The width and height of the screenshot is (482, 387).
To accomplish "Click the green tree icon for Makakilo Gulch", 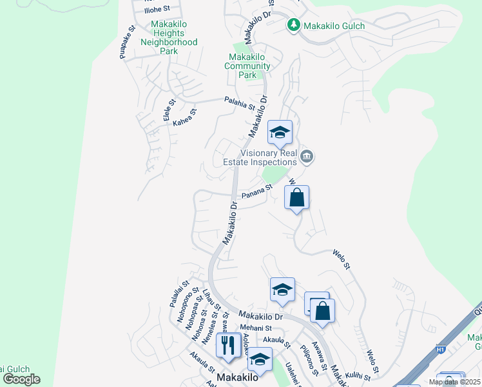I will click(x=294, y=25).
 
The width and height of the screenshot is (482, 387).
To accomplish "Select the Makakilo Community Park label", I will click(x=247, y=66).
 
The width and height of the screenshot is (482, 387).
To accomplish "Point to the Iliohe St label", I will click(x=157, y=9).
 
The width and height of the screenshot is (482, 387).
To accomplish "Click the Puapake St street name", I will click(x=126, y=43).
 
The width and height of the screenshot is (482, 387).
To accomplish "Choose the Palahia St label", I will click(x=240, y=101).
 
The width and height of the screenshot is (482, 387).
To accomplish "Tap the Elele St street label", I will click(x=169, y=110).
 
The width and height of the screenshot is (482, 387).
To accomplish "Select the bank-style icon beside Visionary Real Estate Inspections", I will click(x=307, y=156).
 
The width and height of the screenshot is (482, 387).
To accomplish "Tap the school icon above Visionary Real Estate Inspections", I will click(x=280, y=132).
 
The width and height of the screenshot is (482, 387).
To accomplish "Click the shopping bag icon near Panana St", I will click(x=296, y=197).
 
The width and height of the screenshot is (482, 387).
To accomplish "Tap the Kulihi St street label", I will click(x=359, y=375).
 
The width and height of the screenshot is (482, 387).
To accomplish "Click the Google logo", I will click(x=21, y=379).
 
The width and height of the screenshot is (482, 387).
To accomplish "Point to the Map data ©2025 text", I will click(x=454, y=382).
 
